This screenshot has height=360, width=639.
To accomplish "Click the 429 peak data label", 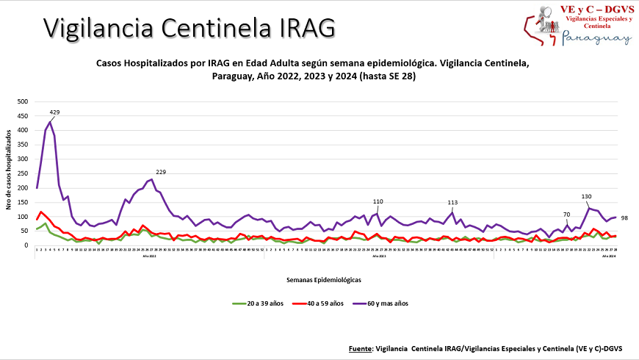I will tap(54, 112).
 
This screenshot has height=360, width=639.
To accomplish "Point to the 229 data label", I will tap(161, 172).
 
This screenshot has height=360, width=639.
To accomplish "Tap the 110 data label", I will tap(378, 201).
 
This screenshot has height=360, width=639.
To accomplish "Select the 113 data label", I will tap(452, 203).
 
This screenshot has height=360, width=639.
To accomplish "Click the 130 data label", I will tap(586, 197).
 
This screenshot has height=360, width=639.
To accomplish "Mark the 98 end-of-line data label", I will tap(625, 217).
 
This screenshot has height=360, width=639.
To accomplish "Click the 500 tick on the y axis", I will tap(22, 101).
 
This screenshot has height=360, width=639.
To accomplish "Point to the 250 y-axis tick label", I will tap(22, 173).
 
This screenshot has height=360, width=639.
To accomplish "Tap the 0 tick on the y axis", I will tap(26, 245).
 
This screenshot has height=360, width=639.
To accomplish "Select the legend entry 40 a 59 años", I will tap(323, 303).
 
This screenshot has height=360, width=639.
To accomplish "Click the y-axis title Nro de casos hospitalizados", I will tap(9, 173).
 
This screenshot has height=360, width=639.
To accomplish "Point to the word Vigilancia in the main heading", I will tap(97, 27).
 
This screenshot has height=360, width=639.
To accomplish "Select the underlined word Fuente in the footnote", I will tap(359, 347).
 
